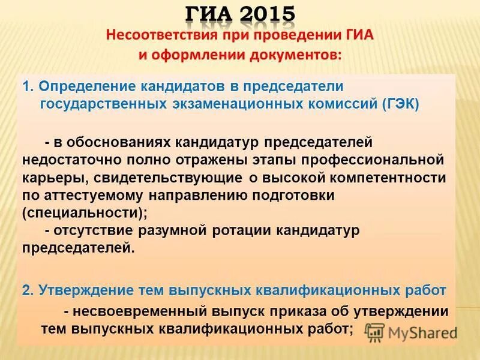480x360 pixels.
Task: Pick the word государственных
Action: click(x=103, y=104)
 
